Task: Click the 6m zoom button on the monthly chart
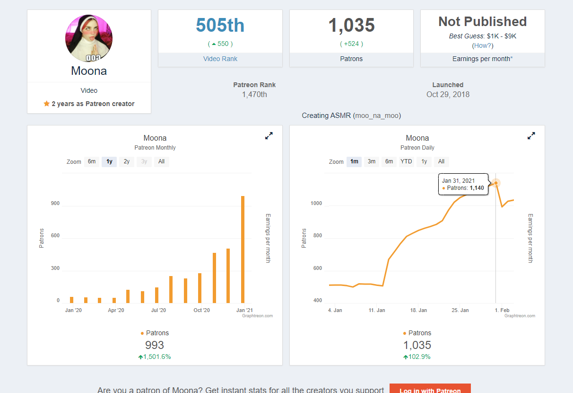[x=92, y=161]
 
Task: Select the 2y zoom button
[x=127, y=161]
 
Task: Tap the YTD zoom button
[x=406, y=161]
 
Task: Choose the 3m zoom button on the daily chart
[x=372, y=161]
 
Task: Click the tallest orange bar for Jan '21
[x=243, y=249]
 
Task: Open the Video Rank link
[x=220, y=59]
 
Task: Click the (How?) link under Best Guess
[x=483, y=45]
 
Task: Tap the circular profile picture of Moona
[x=89, y=38]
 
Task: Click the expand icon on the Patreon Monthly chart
[x=269, y=136]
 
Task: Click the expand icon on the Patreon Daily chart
[x=531, y=136]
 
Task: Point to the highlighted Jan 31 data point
[x=496, y=183]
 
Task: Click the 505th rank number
[x=220, y=25]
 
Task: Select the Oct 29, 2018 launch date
[x=448, y=94]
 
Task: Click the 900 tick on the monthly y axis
[x=55, y=204]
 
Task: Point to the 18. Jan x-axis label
[x=418, y=310]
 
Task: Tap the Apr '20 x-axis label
[x=116, y=310]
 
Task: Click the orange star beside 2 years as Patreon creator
[x=47, y=104]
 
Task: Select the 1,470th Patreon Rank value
[x=254, y=94]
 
